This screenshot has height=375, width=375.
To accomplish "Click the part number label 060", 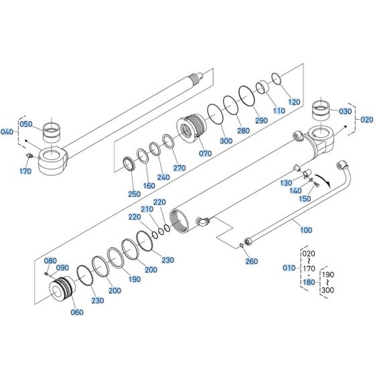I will point(78,313).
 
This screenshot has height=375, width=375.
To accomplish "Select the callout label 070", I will point(206,153).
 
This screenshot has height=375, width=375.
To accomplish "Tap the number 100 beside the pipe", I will point(306,230).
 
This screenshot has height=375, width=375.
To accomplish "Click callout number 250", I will point(134,194).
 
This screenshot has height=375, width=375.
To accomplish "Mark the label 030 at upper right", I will point(345,111).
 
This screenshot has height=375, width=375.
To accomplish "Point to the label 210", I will point(146,210).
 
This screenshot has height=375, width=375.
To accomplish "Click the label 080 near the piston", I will point(51,260).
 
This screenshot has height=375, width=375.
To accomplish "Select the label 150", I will point(305,199).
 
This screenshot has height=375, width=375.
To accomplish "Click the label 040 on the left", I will point(7,131).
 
